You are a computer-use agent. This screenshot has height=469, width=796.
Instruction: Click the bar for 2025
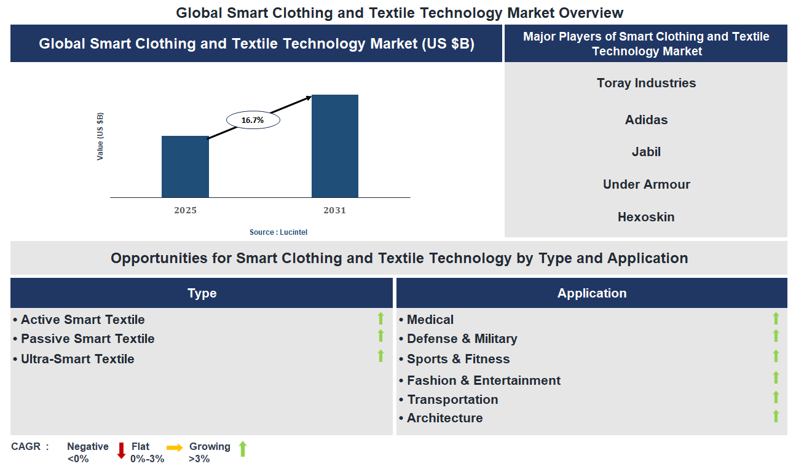185,167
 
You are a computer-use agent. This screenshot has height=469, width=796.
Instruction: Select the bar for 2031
335,146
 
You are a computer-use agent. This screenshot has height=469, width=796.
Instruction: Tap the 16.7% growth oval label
253,120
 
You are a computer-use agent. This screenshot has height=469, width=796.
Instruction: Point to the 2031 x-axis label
335,210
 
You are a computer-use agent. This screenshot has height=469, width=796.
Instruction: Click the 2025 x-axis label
185,210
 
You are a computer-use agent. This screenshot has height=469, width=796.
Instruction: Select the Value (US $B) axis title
100,136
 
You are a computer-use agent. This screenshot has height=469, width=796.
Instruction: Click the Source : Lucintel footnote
278,232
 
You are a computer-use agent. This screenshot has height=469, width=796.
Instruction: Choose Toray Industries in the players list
646,83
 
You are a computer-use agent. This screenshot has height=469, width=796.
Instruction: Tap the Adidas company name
646,120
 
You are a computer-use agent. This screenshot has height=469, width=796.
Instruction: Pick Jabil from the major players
646,152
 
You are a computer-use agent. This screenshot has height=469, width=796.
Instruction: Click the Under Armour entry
646,184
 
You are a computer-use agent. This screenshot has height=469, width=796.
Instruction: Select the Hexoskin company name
646,217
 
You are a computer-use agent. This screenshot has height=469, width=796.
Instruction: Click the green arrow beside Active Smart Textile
380,318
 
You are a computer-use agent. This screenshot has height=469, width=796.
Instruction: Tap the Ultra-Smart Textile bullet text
77,359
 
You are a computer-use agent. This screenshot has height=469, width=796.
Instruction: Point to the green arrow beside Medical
776,318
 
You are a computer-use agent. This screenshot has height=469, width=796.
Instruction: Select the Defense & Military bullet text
462,339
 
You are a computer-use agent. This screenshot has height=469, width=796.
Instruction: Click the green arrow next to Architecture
776,416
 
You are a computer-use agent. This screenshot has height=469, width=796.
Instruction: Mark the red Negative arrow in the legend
121,451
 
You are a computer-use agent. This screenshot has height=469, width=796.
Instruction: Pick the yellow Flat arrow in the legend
175,447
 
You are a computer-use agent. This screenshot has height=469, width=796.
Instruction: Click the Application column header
591,293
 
